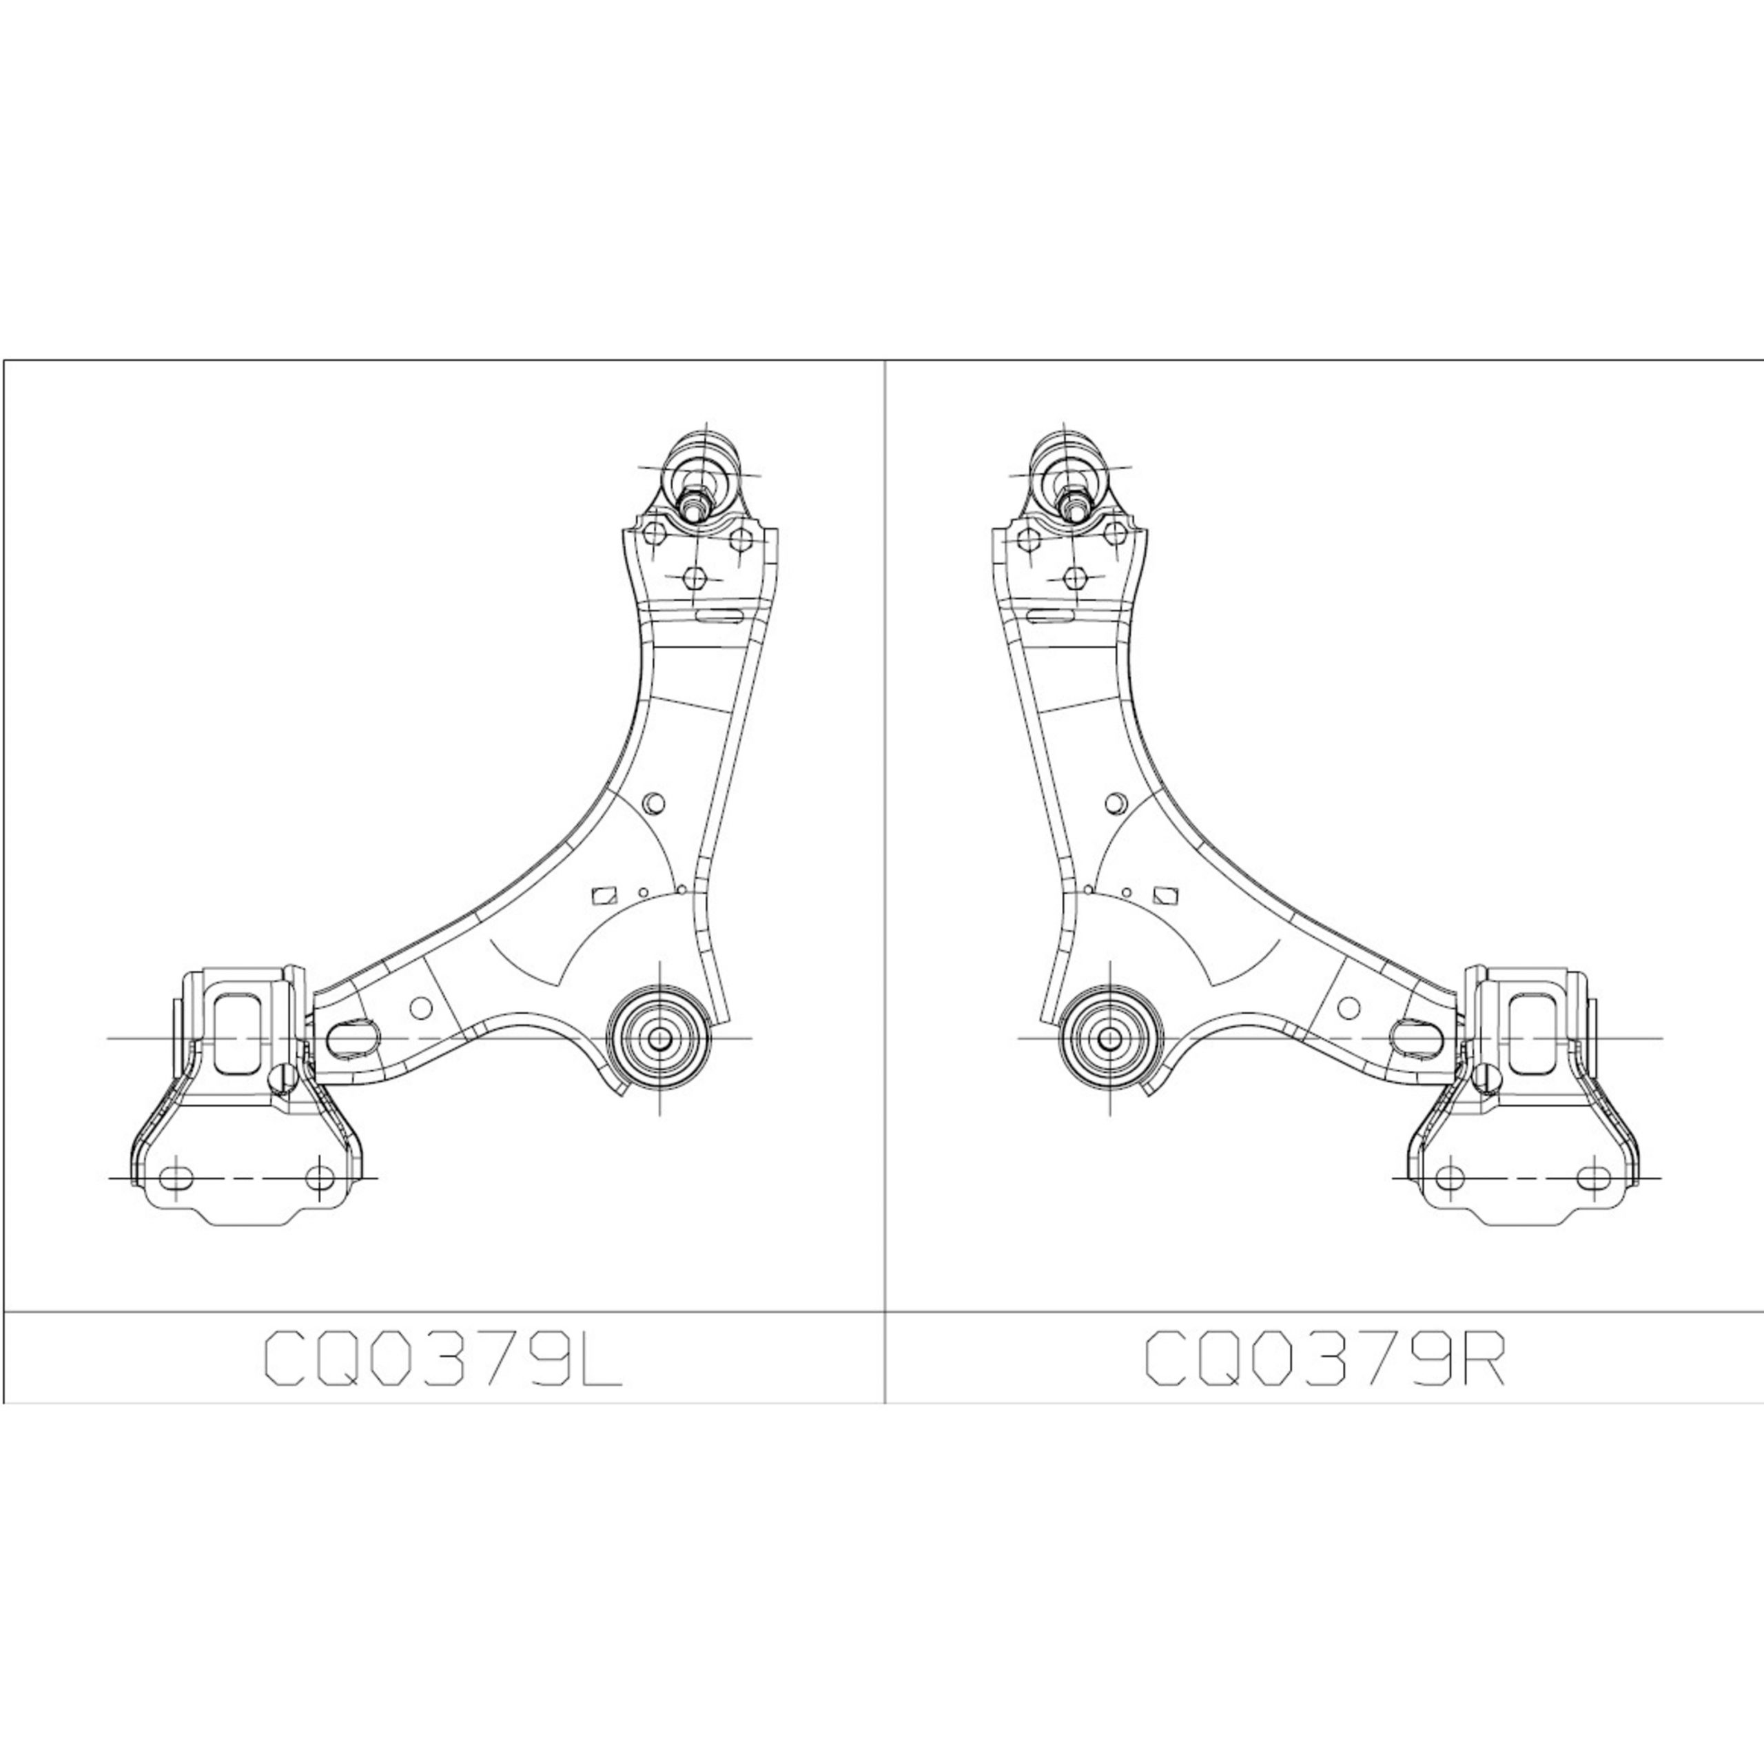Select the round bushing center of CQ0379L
[658, 1038]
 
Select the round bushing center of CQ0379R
[1109, 1038]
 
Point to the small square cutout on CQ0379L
[602, 895]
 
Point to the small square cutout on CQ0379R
[1164, 895]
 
